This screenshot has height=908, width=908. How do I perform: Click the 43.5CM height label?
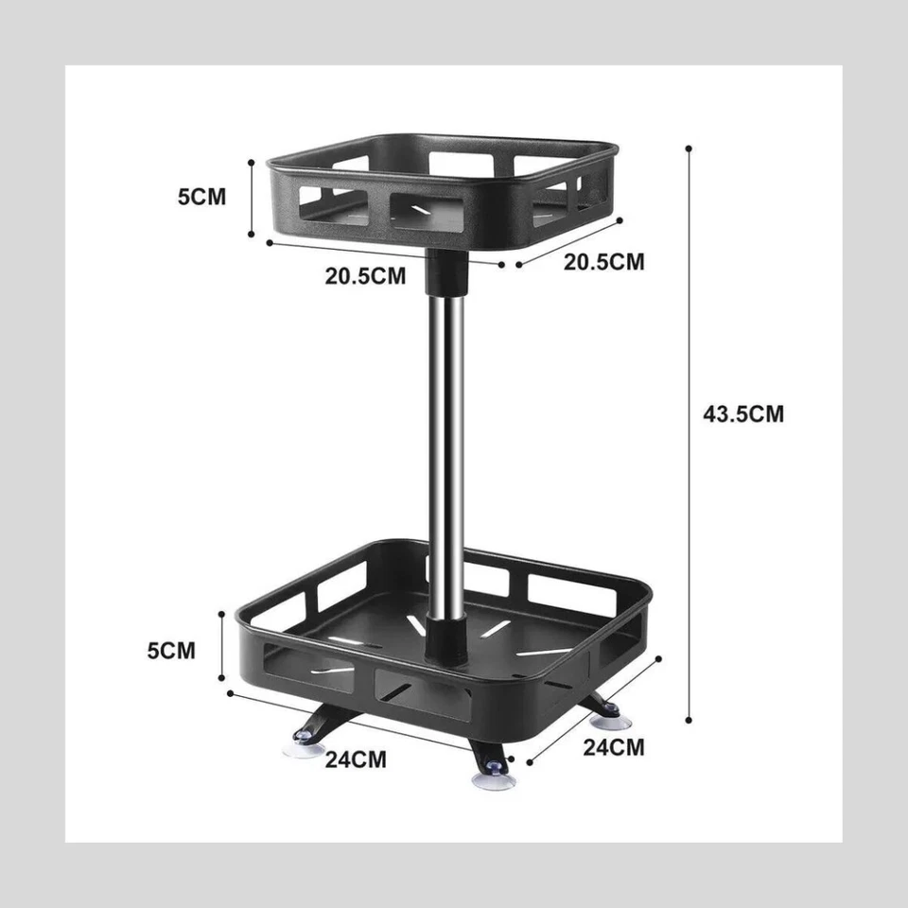click(x=743, y=413)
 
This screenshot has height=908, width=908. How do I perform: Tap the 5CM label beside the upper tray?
click(x=202, y=198)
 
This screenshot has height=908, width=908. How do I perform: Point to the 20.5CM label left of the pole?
click(x=365, y=276)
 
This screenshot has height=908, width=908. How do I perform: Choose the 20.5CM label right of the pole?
click(x=604, y=261)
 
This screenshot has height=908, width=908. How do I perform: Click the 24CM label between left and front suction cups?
click(x=356, y=759)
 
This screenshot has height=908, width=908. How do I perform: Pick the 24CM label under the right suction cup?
click(x=613, y=747)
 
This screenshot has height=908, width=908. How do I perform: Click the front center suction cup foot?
click(x=493, y=778)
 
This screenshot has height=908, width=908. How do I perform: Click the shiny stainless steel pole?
click(x=448, y=445)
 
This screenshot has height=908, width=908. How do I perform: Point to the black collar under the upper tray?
click(x=448, y=274)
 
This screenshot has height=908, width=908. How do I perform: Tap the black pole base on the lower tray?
click(x=446, y=636)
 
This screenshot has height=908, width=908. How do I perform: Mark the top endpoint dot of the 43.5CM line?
click(x=689, y=148)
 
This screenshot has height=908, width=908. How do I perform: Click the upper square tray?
click(x=445, y=189)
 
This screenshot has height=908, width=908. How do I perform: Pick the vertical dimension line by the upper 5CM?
click(x=252, y=199)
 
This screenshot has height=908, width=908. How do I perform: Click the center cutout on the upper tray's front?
click(x=428, y=214)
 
